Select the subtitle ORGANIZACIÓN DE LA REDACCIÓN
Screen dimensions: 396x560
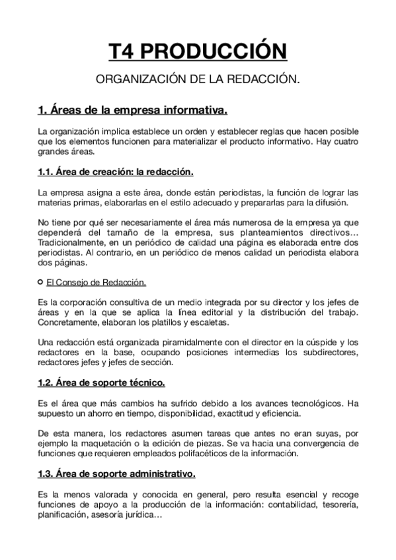point(198,79)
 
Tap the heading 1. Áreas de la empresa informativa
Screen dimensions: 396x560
point(133,108)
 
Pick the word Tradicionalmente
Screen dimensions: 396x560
point(74,242)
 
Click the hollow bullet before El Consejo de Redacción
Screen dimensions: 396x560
point(41,283)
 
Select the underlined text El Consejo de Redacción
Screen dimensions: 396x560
point(96,283)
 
